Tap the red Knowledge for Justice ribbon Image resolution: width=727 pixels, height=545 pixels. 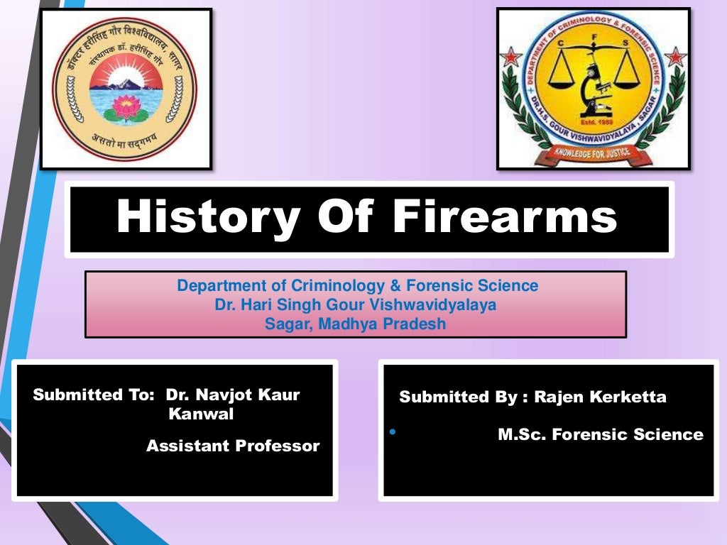[x=593, y=151]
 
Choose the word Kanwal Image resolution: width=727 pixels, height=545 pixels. [x=201, y=414]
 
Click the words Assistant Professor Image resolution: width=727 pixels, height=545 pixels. [x=233, y=446]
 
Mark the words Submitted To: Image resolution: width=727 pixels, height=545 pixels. [x=93, y=395]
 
